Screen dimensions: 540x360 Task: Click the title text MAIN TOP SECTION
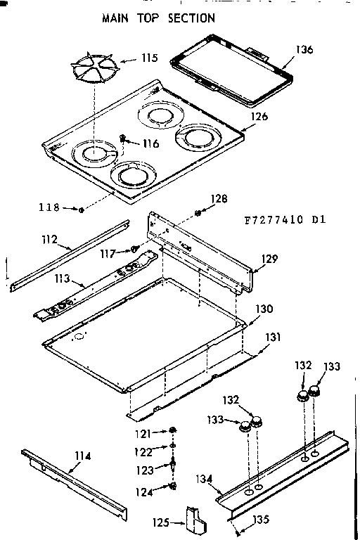(x=157, y=17)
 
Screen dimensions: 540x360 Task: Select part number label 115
(x=149, y=58)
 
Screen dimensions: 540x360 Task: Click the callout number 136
(x=304, y=50)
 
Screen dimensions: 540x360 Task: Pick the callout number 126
(x=259, y=117)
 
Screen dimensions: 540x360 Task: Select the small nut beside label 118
(x=82, y=209)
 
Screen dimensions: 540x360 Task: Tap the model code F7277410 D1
(x=278, y=219)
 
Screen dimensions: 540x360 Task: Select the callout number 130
(x=264, y=309)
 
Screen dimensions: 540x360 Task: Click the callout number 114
(x=82, y=456)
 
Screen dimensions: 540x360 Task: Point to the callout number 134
(x=204, y=480)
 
